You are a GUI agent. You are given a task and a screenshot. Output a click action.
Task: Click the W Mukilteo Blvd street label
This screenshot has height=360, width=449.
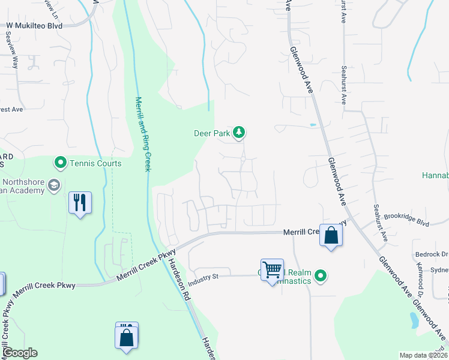pos(34,26)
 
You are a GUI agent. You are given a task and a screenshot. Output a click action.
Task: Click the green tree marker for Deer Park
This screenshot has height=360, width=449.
pos(239,133)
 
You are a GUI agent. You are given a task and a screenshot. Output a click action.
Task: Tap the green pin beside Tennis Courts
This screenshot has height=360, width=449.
pos(60,163)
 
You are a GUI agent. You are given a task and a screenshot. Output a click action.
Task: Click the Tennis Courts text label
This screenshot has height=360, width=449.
pos(95,163)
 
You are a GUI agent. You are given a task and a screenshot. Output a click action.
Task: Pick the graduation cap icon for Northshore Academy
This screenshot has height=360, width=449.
pos(54,185)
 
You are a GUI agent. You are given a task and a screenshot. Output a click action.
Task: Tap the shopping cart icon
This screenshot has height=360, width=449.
pos(272,269)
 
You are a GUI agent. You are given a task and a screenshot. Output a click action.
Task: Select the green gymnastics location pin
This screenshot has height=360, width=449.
pos(321,276)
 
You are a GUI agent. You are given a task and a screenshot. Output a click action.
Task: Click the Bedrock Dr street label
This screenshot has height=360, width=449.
pos(431,254)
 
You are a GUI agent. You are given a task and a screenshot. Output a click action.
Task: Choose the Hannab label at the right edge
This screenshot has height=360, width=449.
pos(436,176)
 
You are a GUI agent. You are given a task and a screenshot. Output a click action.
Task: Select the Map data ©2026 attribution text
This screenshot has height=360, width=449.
pos(423,355)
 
